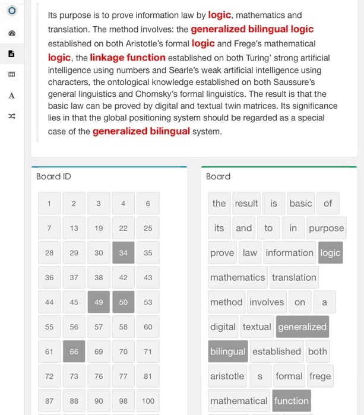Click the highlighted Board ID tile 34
coord(123,253)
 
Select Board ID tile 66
coord(74,351)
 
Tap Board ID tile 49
coord(99,302)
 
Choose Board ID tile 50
coord(123,302)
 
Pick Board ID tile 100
coord(148,401)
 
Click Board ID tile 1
coord(49,204)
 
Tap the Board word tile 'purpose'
coord(326,228)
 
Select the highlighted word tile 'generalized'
coord(302,327)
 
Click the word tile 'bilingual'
coord(227,351)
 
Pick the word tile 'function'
coord(291,401)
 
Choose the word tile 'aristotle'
coord(227,376)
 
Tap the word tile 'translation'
coord(294,277)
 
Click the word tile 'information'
coord(289,253)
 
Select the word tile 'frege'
coord(320,376)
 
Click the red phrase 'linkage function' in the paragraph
coord(128,58)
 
